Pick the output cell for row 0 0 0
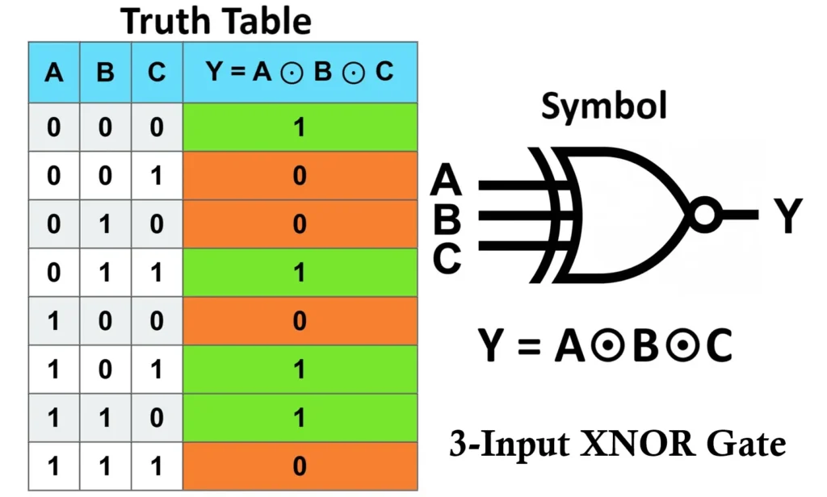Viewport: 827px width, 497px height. coord(300,127)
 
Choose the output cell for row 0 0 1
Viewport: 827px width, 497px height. coord(300,175)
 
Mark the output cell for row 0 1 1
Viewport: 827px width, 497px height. coord(300,273)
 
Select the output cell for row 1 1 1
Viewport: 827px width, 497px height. coord(300,467)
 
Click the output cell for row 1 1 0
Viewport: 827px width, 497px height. coord(300,418)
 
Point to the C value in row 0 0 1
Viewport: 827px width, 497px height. coord(157,175)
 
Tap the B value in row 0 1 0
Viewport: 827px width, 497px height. coord(105,224)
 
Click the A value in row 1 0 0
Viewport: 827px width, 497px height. coord(54,321)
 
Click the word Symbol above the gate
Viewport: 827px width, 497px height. coord(604,106)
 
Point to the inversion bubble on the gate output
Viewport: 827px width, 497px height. coord(704,215)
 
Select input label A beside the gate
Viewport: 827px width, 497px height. coord(447,181)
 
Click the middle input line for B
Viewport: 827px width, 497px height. coord(517,216)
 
